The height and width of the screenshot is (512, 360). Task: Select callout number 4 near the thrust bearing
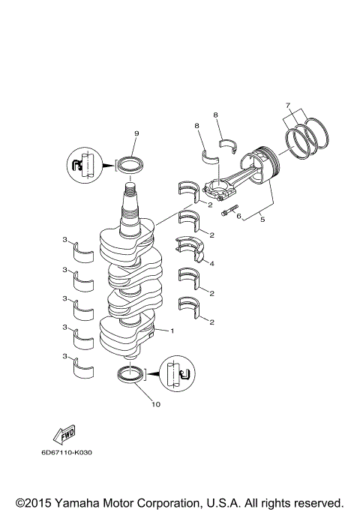tap(212, 263)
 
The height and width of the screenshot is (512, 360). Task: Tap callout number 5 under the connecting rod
tap(261, 218)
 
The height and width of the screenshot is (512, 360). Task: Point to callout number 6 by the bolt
tap(238, 217)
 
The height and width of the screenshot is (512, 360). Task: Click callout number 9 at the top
tap(136, 133)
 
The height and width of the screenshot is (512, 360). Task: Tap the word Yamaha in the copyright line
tap(77, 502)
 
